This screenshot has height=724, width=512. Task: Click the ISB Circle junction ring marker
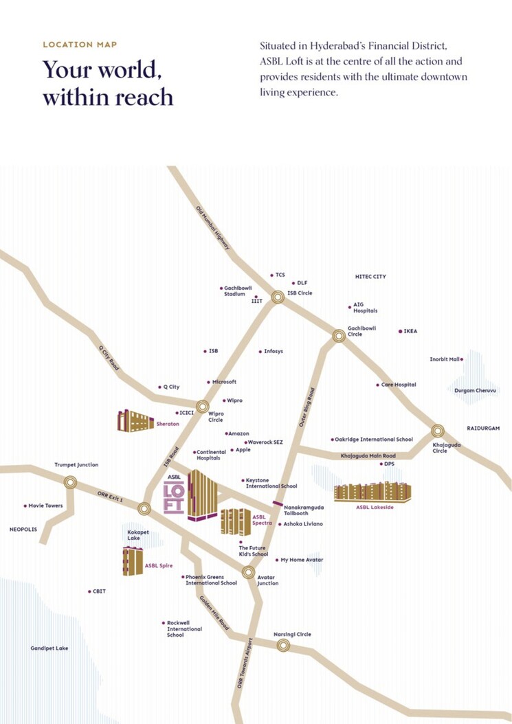278,297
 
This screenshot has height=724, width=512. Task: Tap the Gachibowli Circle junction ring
338,336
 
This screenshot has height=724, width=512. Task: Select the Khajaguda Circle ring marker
438,431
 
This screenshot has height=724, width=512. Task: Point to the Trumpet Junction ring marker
69,482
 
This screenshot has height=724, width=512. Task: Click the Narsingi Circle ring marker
282,645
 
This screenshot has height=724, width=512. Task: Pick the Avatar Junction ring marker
249,572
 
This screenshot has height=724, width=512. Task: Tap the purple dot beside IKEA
400,331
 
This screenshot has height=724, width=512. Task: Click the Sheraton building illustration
135,420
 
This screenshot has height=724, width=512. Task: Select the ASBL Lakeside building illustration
372,492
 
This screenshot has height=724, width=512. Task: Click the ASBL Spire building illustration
132,562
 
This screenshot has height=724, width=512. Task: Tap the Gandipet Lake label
49,648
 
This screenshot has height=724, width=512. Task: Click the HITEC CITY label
370,276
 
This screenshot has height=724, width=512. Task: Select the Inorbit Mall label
444,359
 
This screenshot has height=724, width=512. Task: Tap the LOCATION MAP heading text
80,45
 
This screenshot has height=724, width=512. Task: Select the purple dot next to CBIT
89,591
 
